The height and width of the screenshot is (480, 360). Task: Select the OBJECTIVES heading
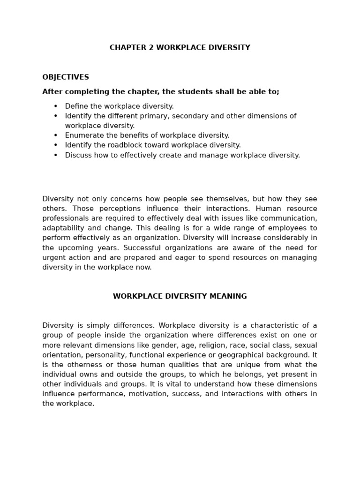coord(66,77)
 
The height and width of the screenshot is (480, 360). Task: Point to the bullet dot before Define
coord(56,106)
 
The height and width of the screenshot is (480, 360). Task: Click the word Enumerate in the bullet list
coord(82,135)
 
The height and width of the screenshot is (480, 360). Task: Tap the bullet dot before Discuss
coord(56,155)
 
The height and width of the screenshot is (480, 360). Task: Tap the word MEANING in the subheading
coord(229,297)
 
